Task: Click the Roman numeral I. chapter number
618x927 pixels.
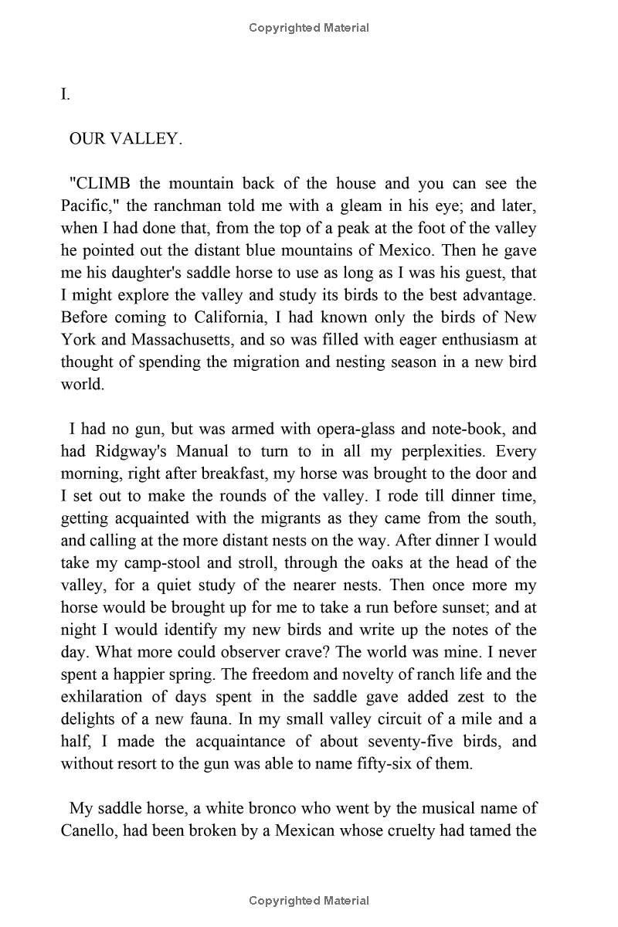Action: pos(66,95)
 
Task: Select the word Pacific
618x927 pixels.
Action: pos(90,206)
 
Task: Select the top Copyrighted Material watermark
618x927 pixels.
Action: pos(309,28)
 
